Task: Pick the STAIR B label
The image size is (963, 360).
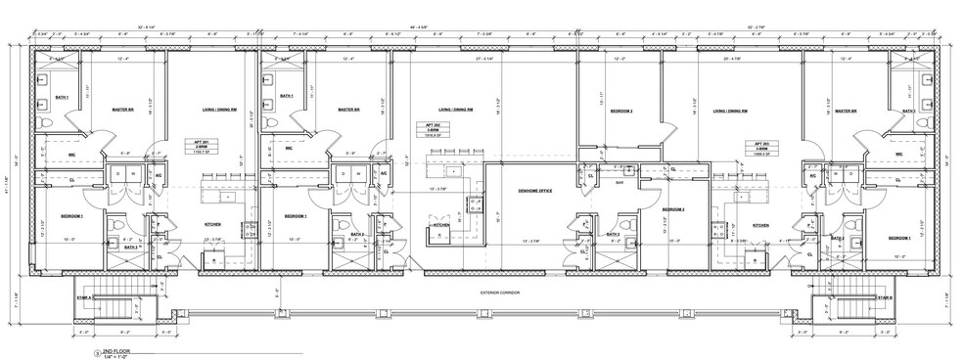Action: pos(884,296)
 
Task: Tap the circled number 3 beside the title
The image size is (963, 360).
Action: pos(96,350)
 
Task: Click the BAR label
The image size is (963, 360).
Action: pos(619,181)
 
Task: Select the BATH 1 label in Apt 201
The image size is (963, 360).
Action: pos(60,97)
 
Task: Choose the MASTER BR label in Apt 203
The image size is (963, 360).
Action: pos(841,111)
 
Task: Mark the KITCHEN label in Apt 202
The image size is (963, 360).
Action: pos(441,224)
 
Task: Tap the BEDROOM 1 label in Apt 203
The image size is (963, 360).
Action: pos(899,238)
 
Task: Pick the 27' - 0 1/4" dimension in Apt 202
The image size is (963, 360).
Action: pos(482,60)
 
